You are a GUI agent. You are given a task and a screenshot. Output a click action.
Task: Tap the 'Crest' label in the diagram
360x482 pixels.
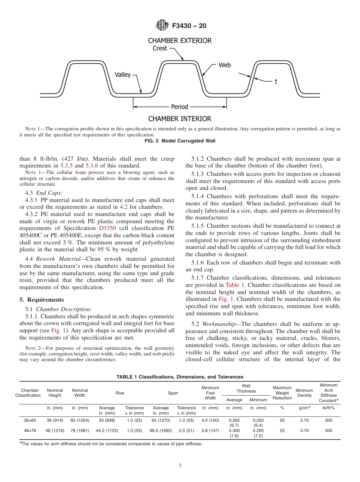click(160, 49)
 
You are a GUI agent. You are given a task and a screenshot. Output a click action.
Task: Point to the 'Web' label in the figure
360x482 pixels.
click(224, 65)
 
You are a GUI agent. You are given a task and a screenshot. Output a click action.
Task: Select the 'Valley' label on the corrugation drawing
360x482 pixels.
click(122, 75)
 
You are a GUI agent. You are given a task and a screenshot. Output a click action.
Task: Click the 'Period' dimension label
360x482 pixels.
click(180, 107)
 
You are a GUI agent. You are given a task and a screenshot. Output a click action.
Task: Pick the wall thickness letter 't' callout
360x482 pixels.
click(275, 81)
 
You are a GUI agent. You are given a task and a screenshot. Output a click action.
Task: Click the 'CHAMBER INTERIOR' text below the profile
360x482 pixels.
click(180, 119)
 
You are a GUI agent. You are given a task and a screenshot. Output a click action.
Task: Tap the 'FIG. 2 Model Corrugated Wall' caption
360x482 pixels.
click(180, 141)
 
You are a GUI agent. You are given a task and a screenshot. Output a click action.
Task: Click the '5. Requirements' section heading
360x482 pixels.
click(42, 300)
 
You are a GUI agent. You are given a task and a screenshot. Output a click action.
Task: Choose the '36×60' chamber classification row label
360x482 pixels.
click(30, 420)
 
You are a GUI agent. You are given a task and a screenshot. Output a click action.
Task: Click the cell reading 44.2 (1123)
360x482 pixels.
click(106, 430)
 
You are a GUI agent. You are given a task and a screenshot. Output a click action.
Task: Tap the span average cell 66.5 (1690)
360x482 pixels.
click(161, 430)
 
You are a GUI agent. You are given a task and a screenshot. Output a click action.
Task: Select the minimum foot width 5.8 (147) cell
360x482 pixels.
click(210, 430)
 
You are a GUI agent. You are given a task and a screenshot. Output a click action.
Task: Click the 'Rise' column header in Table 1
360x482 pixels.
click(120, 393)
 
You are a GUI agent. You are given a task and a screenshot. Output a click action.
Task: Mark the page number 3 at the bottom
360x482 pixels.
click(180, 465)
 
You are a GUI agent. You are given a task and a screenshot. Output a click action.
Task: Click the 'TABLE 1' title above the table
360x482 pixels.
click(180, 377)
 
